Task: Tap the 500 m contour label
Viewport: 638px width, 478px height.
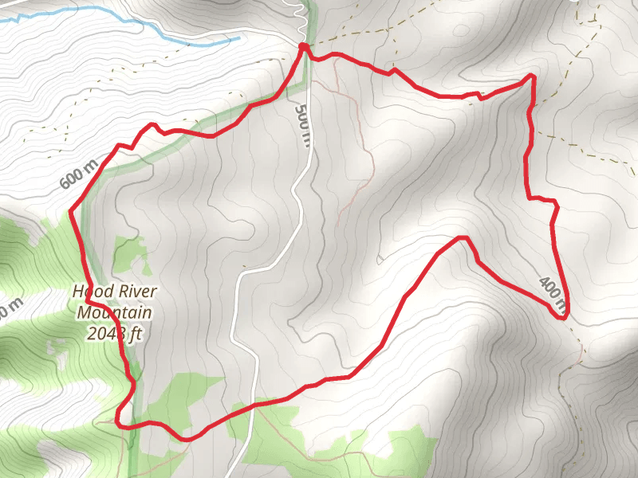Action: coord(302,124)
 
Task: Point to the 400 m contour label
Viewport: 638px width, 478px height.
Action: coord(553,292)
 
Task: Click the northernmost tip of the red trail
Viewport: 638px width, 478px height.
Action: coord(303,47)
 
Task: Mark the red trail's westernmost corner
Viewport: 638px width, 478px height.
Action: coord(72,211)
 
